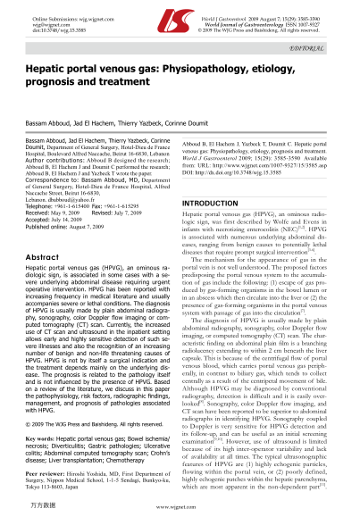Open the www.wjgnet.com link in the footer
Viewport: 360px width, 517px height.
point(180,508)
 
